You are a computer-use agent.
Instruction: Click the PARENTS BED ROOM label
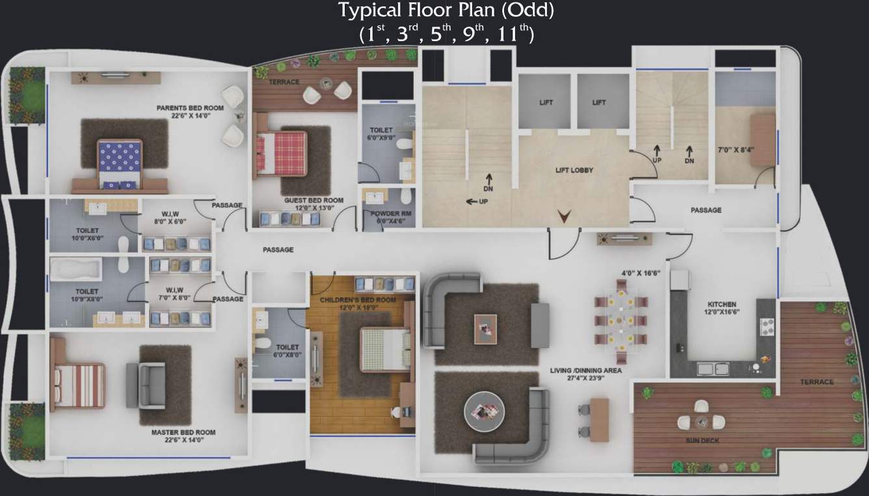click(x=190, y=107)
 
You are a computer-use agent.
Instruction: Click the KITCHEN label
click(x=722, y=304)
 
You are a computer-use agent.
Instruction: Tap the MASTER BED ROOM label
click(x=183, y=432)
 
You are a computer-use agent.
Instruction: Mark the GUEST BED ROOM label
click(x=314, y=200)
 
